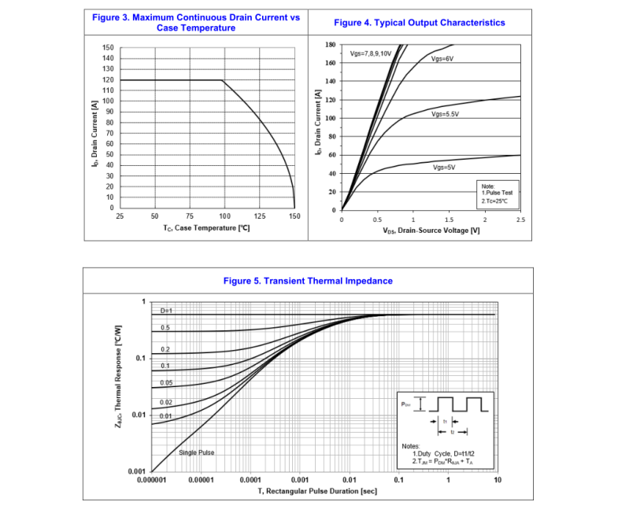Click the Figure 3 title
[196, 23]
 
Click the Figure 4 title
[420, 23]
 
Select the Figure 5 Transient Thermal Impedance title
[308, 281]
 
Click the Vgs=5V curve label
[444, 168]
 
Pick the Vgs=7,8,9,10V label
[371, 53]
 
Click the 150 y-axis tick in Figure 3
[108, 48]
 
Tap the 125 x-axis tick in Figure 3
[259, 216]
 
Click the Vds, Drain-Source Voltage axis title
[431, 230]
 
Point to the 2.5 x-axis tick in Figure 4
[520, 220]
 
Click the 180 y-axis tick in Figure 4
[331, 45]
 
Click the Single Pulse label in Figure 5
[196, 452]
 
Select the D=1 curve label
[166, 311]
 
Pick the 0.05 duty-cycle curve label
[166, 382]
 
